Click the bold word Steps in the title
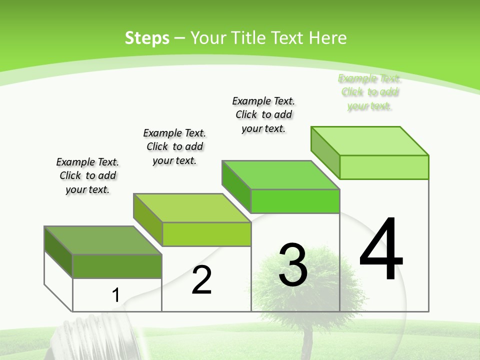pyautogui.click(x=147, y=38)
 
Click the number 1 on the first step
pyautogui.click(x=115, y=295)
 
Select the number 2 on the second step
pyautogui.click(x=201, y=280)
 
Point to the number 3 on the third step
pyautogui.click(x=292, y=265)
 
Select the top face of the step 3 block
pyautogui.click(x=280, y=175)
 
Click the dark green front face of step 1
pyautogui.click(x=117, y=266)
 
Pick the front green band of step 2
pyautogui.click(x=206, y=234)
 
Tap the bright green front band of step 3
pyautogui.click(x=295, y=201)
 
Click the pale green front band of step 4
pyautogui.click(x=384, y=167)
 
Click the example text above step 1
pyautogui.click(x=87, y=176)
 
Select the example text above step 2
pyautogui.click(x=174, y=146)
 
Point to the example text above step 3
pyautogui.click(x=263, y=114)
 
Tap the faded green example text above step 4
pyautogui.click(x=369, y=92)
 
